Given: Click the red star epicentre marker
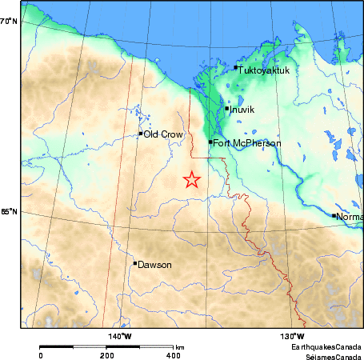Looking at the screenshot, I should [x=191, y=180].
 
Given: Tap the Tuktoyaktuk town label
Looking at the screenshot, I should [x=265, y=70].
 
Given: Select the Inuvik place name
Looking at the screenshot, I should [x=242, y=110].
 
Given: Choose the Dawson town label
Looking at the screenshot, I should [x=155, y=264].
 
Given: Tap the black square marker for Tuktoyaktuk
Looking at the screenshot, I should [x=236, y=69].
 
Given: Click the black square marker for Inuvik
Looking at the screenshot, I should [x=227, y=108].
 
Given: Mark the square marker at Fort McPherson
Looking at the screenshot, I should [x=210, y=142].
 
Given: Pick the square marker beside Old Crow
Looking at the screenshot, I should [x=141, y=134].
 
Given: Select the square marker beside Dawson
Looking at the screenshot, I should [x=135, y=263].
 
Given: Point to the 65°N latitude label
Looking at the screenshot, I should [x=8, y=212].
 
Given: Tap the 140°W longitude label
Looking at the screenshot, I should [x=120, y=336].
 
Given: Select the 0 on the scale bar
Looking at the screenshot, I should [x=40, y=354].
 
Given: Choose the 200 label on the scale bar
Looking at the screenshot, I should [x=106, y=354].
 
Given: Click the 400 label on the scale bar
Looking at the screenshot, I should [x=173, y=354].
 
